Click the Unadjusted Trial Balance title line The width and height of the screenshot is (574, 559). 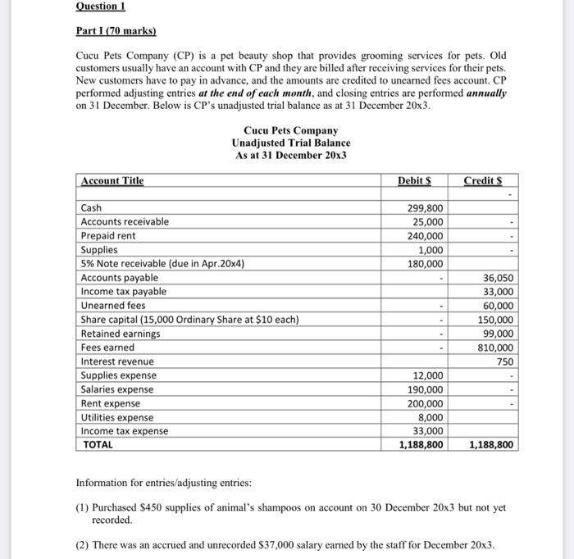tap(291, 143)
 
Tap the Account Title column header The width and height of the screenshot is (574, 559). tap(112, 180)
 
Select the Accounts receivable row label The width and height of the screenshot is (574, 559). tap(125, 222)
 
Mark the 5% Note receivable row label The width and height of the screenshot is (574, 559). tap(162, 264)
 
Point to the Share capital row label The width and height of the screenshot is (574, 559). tap(189, 320)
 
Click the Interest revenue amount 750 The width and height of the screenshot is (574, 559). tap(504, 361)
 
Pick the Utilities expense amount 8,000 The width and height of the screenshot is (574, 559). tap(430, 417)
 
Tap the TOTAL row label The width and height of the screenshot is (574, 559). tap(98, 445)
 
